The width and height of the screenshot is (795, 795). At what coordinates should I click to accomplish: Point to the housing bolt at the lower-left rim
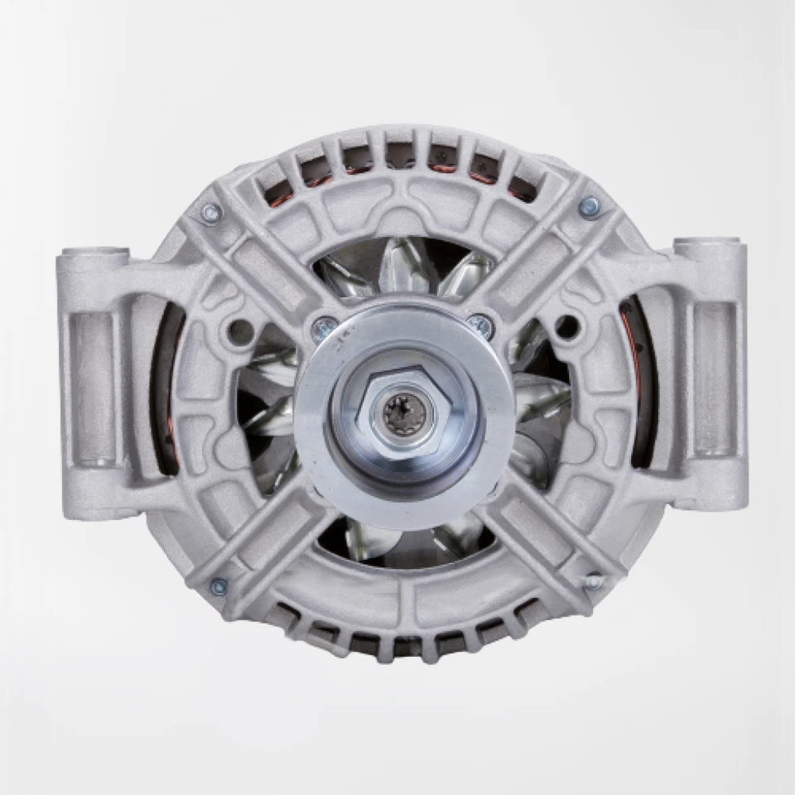[219, 587]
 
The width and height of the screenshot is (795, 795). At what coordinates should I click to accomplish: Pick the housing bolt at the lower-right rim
[593, 582]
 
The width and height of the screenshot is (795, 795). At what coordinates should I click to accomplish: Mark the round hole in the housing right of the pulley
[566, 326]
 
